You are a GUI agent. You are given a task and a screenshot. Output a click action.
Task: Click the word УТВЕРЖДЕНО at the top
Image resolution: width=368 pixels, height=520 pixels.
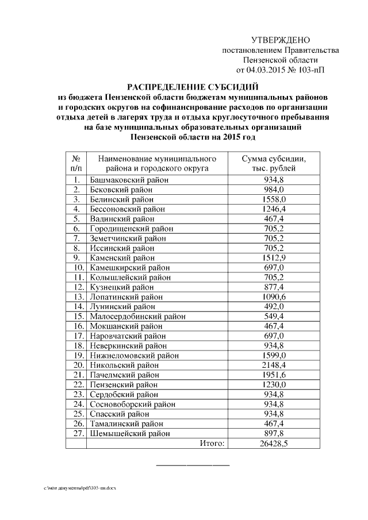pyautogui.click(x=281, y=40)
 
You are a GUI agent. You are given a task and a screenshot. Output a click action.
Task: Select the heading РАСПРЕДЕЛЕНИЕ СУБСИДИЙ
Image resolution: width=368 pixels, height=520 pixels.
pyautogui.click(x=193, y=87)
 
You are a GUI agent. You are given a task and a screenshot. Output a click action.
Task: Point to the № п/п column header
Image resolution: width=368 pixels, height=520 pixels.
pyautogui.click(x=76, y=163)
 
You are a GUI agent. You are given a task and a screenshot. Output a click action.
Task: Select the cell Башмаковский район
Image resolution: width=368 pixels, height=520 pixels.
pyautogui.click(x=129, y=180)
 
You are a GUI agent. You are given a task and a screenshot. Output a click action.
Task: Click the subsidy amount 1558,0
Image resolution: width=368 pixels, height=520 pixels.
pyautogui.click(x=274, y=199)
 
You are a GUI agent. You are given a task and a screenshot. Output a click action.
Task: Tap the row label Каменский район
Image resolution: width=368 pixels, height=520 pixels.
pyautogui.click(x=122, y=258)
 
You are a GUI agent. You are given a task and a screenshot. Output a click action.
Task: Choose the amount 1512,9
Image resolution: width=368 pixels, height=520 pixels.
pyautogui.click(x=274, y=258)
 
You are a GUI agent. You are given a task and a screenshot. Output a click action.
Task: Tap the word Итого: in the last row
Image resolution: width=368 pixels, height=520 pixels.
pyautogui.click(x=212, y=443)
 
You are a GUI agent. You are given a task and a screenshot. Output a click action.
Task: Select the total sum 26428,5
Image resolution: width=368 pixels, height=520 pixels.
pyautogui.click(x=274, y=443)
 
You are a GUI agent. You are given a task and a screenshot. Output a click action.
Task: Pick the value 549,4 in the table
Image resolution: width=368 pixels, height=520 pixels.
pyautogui.click(x=274, y=317)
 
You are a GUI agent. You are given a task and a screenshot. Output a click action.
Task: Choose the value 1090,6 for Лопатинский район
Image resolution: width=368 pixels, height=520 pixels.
pyautogui.click(x=274, y=296)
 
